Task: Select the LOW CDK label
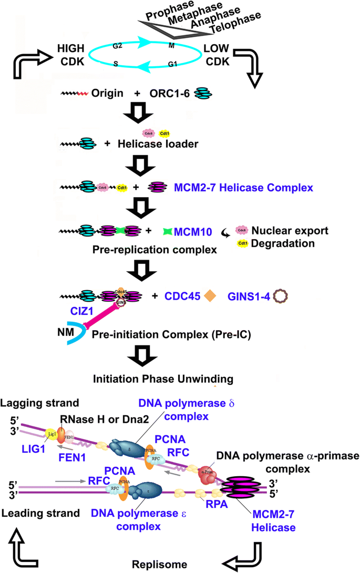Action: click(x=220, y=54)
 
